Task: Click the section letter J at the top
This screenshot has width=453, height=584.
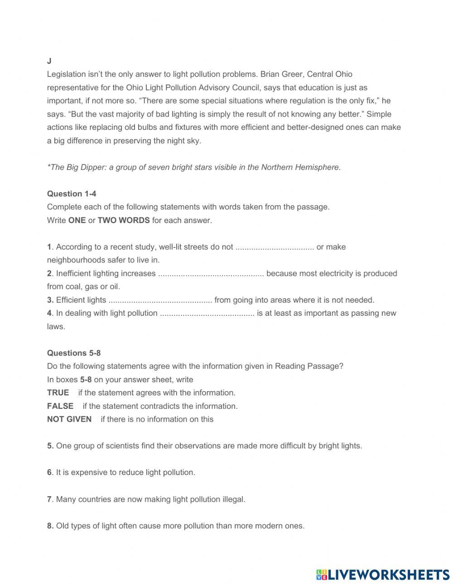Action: pos(49,61)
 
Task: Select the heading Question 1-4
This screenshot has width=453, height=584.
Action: pos(72,194)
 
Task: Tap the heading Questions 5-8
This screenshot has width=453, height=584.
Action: pos(74,353)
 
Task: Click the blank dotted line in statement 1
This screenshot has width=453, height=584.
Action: pos(275,247)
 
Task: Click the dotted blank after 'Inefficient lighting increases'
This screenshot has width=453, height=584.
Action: pos(211,274)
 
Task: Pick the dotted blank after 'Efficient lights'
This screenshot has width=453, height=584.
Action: pos(160,300)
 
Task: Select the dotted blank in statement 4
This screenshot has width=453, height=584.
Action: pos(207,313)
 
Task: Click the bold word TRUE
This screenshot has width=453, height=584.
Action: pos(58,393)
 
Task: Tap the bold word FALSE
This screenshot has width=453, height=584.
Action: pos(60,406)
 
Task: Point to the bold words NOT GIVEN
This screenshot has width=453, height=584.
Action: pos(69,419)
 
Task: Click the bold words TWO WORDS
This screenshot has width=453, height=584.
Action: pos(124,220)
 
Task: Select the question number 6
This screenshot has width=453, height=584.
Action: pos(49,472)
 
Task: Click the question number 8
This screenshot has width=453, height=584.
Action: pos(50,526)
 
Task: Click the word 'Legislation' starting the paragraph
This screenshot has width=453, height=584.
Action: pos(67,74)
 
